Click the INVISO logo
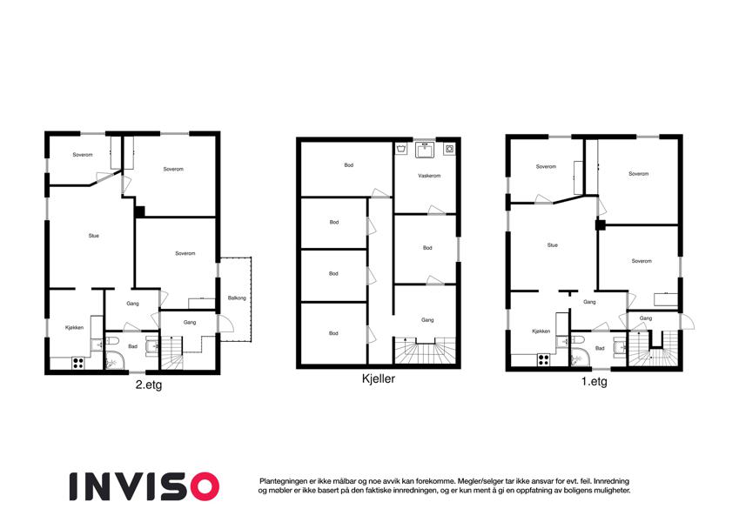click(x=144, y=486)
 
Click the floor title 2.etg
click(x=149, y=385)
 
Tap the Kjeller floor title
click(x=379, y=378)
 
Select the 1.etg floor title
click(x=594, y=382)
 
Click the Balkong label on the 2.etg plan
click(x=237, y=298)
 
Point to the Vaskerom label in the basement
click(x=429, y=176)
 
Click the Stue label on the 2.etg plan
click(x=94, y=236)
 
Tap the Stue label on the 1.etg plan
click(x=553, y=245)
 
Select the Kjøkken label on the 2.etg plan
click(x=75, y=327)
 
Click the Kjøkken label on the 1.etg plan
click(x=541, y=331)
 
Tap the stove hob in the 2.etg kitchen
click(x=78, y=363)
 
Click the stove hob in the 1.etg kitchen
click(x=543, y=359)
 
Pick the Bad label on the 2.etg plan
click(x=133, y=346)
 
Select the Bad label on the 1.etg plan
click(x=600, y=348)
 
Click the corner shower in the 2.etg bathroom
click(x=115, y=360)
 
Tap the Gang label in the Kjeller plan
click(x=427, y=320)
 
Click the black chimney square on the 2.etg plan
click(x=139, y=212)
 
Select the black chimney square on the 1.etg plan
click(x=601, y=225)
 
